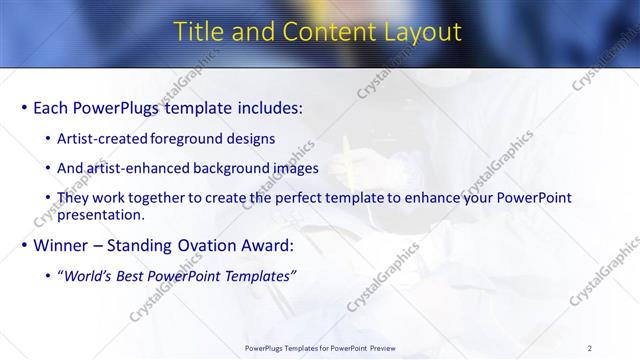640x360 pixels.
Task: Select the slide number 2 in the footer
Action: [x=590, y=348]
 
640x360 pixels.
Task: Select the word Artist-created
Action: [x=102, y=138]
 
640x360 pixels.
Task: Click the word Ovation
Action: [x=205, y=245]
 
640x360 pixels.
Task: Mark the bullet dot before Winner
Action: [x=23, y=245]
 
